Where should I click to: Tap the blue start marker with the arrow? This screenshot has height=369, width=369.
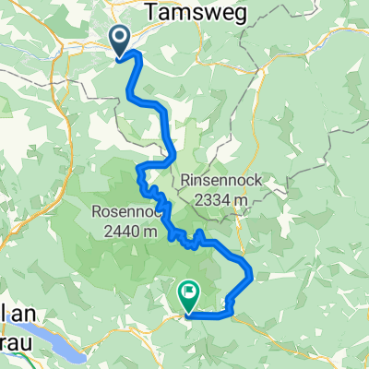pos(121,42)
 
